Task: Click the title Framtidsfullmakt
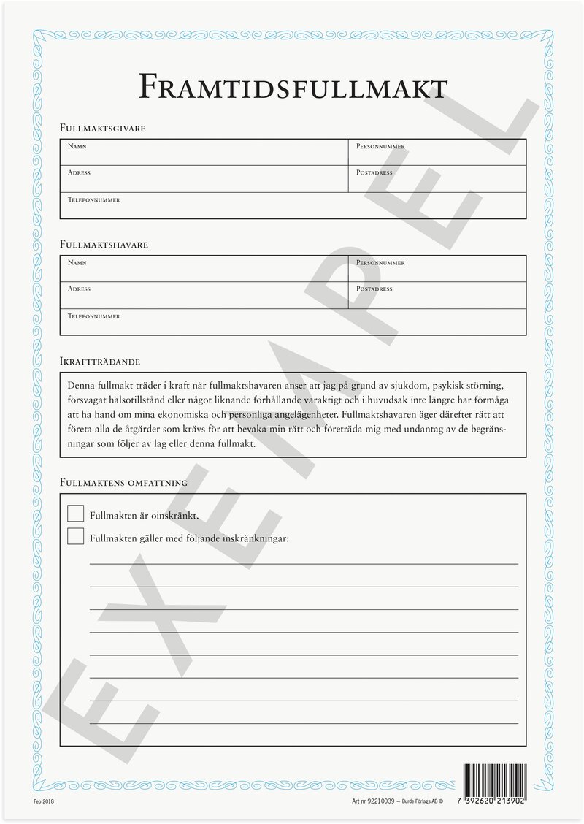[292, 87]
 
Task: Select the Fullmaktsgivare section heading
[102, 129]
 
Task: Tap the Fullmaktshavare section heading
[104, 245]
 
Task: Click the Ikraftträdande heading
[100, 362]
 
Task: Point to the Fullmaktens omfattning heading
[123, 483]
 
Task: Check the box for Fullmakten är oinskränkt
[75, 514]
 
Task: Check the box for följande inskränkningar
[75, 537]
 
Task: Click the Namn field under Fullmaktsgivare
[204, 153]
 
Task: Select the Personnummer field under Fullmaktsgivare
[437, 153]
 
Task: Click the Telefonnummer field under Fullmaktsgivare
[292, 207]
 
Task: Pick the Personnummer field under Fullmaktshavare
[437, 270]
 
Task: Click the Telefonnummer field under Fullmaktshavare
[292, 323]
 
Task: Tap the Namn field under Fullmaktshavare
[204, 270]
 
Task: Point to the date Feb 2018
[44, 801]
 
